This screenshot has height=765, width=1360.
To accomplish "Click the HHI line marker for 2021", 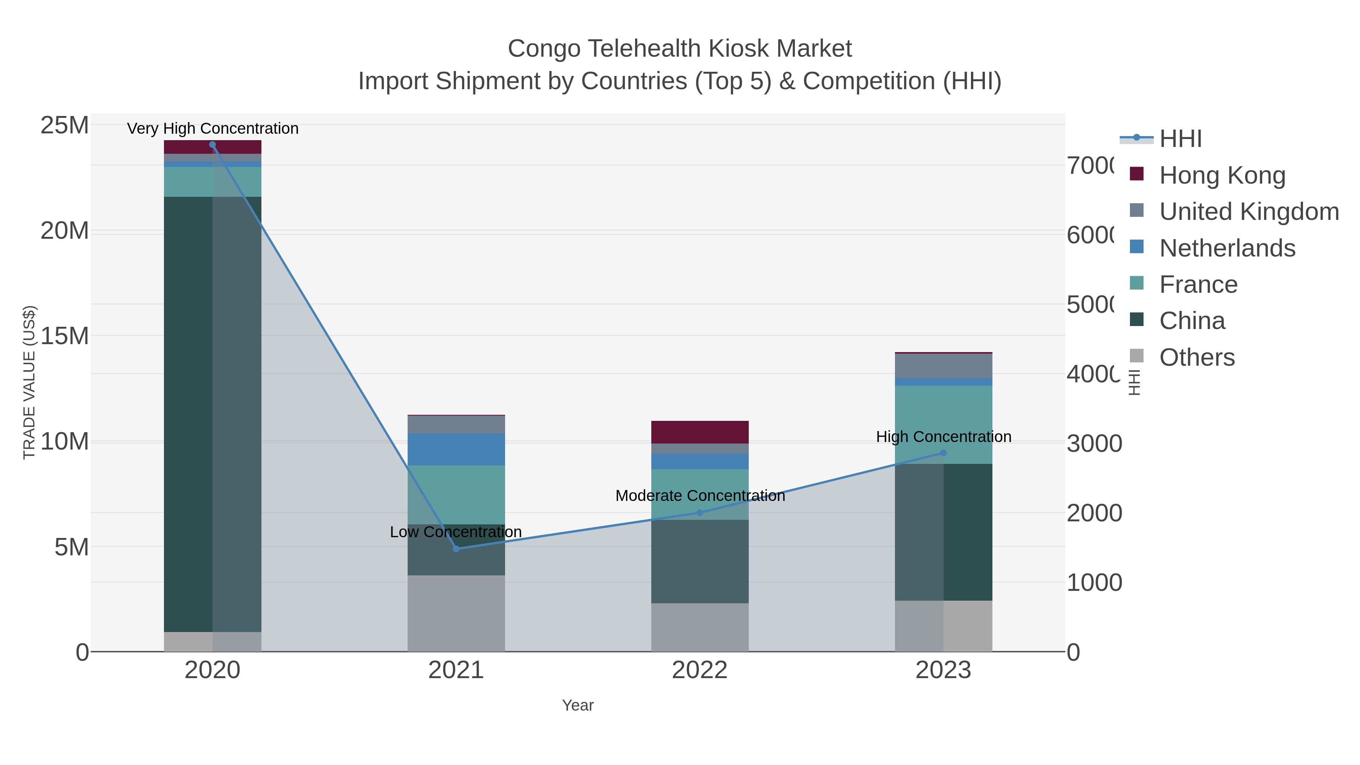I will (x=456, y=549).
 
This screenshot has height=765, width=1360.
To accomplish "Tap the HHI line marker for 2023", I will (x=943, y=453).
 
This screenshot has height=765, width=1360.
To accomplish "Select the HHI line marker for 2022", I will (x=700, y=513).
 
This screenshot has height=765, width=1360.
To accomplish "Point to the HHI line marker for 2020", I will (x=212, y=145).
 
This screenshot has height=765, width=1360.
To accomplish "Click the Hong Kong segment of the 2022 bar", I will (x=700, y=432).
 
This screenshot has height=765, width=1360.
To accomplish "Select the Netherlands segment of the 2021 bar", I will (x=456, y=449).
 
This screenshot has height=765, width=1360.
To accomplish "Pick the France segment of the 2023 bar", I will (x=943, y=425).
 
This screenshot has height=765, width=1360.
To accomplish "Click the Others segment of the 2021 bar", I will (x=456, y=613).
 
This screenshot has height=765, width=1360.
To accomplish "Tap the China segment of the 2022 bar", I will (x=700, y=561).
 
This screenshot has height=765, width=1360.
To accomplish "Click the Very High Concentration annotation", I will (x=213, y=128).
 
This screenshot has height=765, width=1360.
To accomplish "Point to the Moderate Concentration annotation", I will (x=700, y=496).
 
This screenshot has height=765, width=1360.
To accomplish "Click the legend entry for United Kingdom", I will (x=1249, y=211).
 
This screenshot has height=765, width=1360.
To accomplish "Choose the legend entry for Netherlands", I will (x=1227, y=248).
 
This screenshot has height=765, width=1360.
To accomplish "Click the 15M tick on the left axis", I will (x=64, y=336).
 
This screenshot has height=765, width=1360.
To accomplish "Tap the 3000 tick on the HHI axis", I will (x=1094, y=444).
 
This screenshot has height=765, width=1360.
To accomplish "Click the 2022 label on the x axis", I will (x=700, y=670).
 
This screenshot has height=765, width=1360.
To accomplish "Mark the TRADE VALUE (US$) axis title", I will (x=29, y=382).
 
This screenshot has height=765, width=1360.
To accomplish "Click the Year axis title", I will (x=578, y=705).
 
